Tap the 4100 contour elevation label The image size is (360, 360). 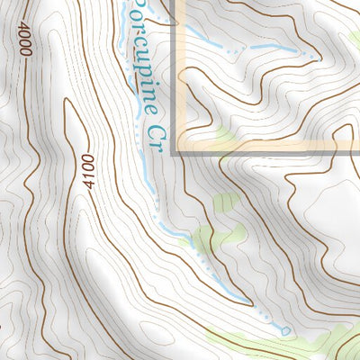[x=87, y=171]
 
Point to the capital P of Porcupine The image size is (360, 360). [x=136, y=11]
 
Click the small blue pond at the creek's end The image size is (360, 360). [x=285, y=331]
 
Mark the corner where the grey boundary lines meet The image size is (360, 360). [x=175, y=152]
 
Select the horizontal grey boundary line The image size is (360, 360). [x=270, y=153]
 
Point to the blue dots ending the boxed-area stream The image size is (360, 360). [x=306, y=51]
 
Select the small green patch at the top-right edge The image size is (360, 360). [x=355, y=36]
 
